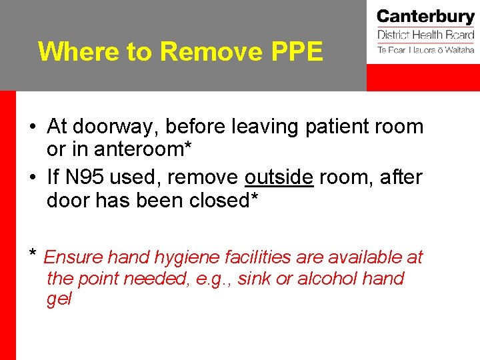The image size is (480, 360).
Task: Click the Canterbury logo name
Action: (x=425, y=17)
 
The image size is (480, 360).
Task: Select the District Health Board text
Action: (x=425, y=35)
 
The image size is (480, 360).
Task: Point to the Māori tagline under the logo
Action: (x=425, y=49)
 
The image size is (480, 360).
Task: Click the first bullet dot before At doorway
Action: (x=33, y=127)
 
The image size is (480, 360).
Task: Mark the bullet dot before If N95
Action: (x=33, y=178)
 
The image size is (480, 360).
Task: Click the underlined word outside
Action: (x=279, y=177)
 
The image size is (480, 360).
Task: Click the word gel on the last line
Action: (x=59, y=299)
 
